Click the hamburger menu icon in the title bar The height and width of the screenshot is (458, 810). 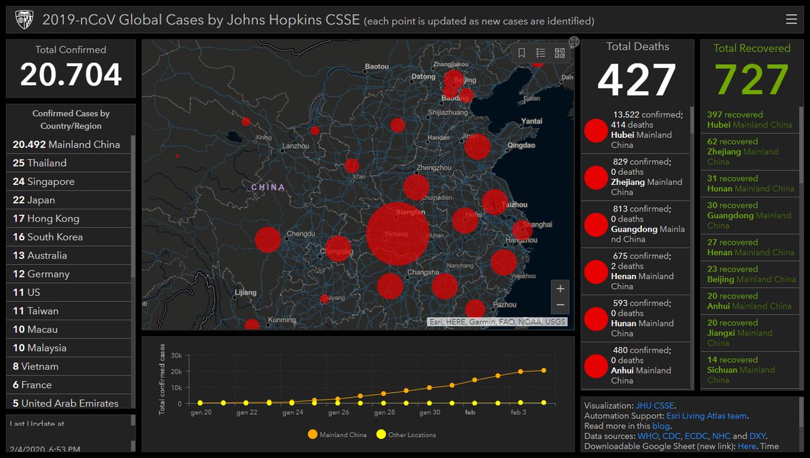(x=792, y=20)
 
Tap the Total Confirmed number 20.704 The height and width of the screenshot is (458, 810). (x=71, y=74)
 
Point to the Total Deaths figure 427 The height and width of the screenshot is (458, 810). (x=637, y=80)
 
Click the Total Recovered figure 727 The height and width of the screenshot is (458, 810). (x=751, y=80)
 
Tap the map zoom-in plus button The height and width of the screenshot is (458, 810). (x=560, y=288)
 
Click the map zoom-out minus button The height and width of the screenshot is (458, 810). (x=560, y=305)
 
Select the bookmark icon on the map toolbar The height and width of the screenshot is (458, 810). (x=522, y=53)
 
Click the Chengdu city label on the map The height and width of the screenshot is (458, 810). (x=301, y=234)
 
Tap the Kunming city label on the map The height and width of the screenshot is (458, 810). (x=282, y=320)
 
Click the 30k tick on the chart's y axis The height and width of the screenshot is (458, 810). (x=176, y=355)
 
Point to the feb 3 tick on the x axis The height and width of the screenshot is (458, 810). (x=519, y=412)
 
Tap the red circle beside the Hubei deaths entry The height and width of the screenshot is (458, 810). (x=596, y=130)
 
